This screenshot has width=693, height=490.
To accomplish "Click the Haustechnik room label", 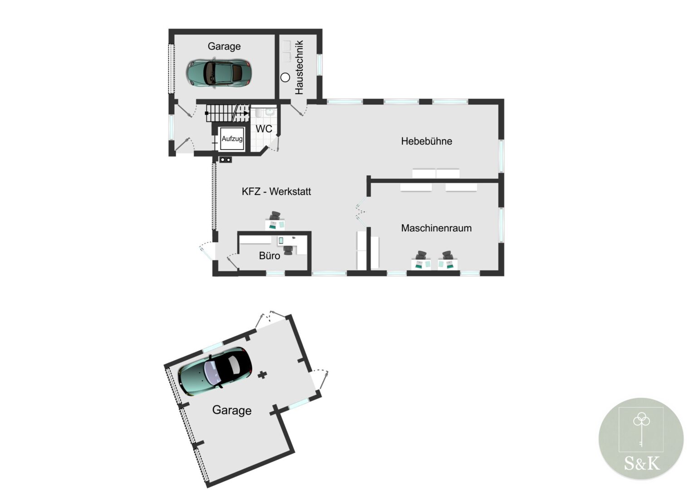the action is click(x=299, y=67).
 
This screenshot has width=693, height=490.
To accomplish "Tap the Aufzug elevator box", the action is click(x=232, y=139).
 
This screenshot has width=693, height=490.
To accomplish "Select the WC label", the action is click(x=264, y=129).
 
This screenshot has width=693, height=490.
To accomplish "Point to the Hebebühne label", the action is click(x=427, y=141).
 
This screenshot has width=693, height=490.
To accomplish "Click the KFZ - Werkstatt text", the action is click(x=276, y=191).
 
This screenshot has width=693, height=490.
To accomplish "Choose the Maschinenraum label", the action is click(x=436, y=228).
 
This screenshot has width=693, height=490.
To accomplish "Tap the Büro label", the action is click(x=269, y=256).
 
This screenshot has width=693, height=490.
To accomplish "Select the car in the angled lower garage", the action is click(x=215, y=372).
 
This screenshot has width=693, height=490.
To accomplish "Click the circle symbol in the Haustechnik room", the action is click(x=285, y=78).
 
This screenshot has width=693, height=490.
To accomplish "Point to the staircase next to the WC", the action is click(x=227, y=113).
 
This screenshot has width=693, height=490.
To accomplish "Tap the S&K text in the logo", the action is click(x=641, y=463).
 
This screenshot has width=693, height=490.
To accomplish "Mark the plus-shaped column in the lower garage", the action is click(x=262, y=375).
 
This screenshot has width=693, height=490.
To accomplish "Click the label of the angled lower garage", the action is click(x=232, y=410).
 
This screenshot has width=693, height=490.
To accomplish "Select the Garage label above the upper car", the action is click(x=224, y=46).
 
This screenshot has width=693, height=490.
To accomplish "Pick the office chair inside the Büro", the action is click(x=288, y=250).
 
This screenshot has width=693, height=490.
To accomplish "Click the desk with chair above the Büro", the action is click(x=275, y=221).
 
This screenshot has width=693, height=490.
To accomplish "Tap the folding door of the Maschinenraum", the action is click(x=361, y=212).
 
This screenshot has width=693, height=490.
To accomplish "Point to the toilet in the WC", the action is click(x=270, y=112).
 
